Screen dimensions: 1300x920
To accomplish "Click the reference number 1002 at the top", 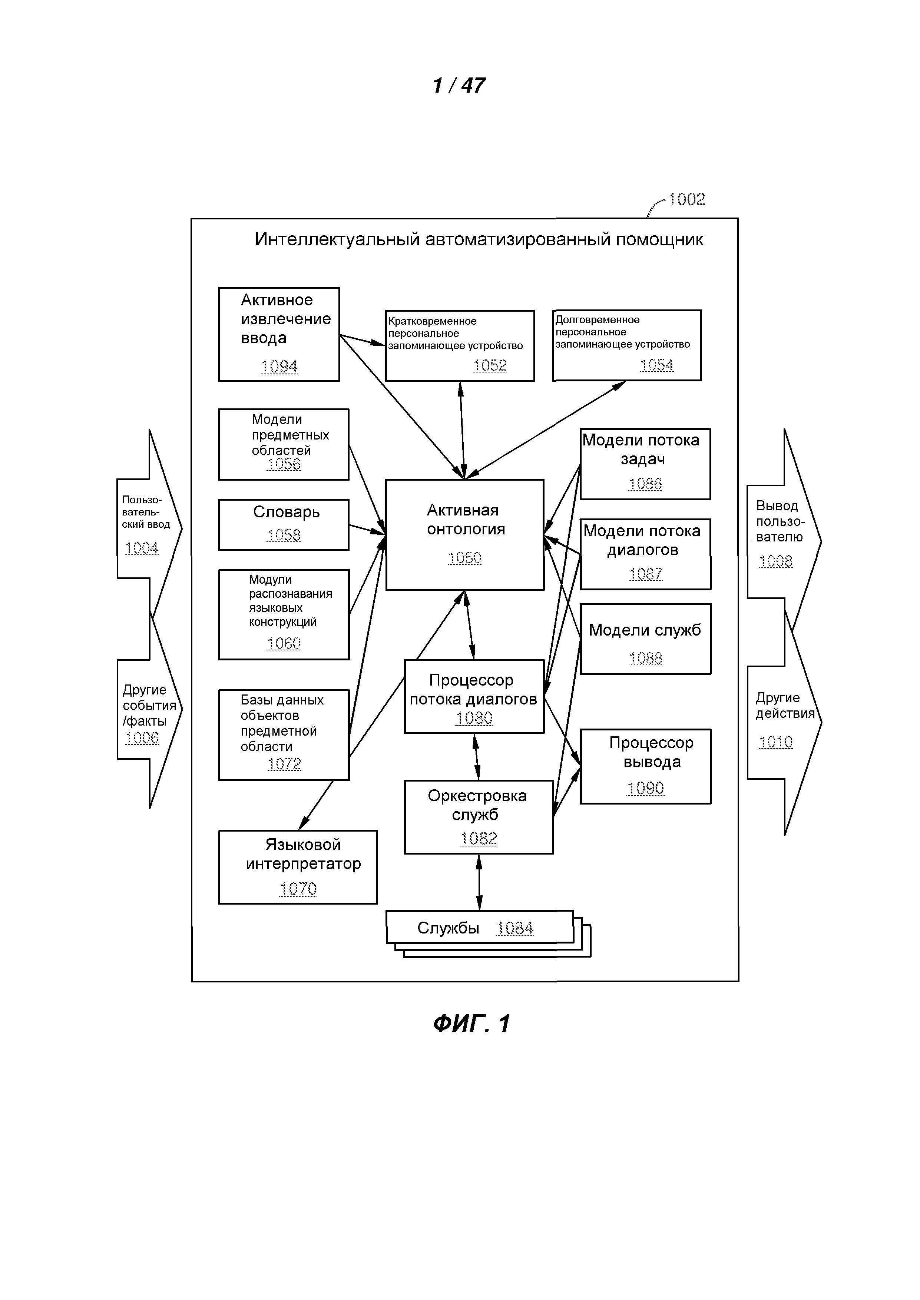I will pyautogui.click(x=686, y=199).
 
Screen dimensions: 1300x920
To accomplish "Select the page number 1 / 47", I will pyautogui.click(x=459, y=86).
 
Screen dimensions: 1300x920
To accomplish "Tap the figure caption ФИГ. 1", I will pyautogui.click(x=471, y=1024).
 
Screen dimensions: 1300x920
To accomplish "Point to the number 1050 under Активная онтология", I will pyautogui.click(x=464, y=558).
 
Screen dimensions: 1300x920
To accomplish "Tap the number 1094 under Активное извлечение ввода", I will pyautogui.click(x=279, y=367).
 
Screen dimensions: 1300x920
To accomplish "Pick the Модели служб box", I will pyautogui.click(x=645, y=639).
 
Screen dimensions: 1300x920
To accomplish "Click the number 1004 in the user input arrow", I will pyautogui.click(x=142, y=548).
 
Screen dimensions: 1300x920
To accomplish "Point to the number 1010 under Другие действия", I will pyautogui.click(x=775, y=742).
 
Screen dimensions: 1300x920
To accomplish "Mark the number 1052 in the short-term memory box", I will pyautogui.click(x=490, y=366).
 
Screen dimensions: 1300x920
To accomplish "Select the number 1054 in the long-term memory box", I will pyautogui.click(x=656, y=365).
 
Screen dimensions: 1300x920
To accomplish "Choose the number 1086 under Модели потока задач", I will pyautogui.click(x=645, y=484).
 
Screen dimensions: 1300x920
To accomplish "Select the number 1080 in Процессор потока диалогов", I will pyautogui.click(x=474, y=719).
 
